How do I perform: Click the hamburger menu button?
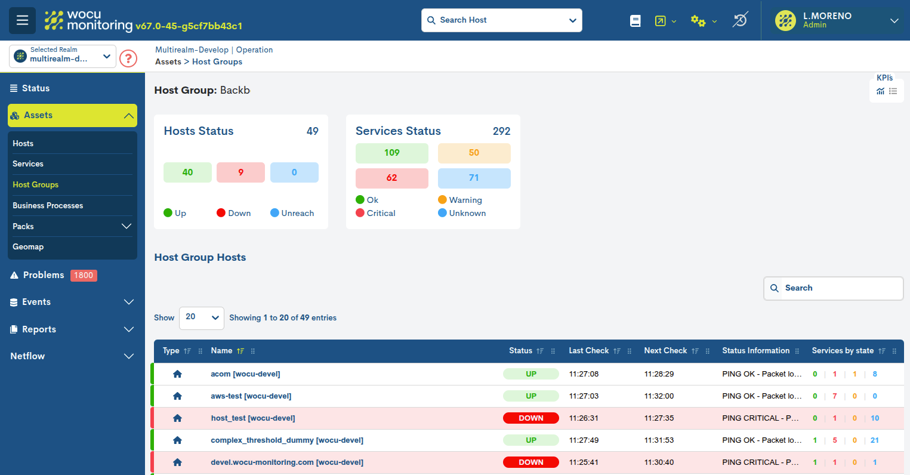tap(22, 20)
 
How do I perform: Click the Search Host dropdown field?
tap(501, 20)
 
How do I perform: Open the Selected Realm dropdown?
tap(63, 56)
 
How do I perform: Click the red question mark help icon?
tap(128, 58)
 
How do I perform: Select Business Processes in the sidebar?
tap(48, 205)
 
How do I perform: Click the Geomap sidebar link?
tap(28, 246)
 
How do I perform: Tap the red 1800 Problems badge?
tap(84, 275)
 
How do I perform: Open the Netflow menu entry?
tap(27, 356)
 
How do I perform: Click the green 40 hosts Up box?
tap(187, 172)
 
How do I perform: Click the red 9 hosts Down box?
tap(240, 172)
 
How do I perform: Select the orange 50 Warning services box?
tap(474, 153)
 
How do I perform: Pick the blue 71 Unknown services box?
tap(474, 178)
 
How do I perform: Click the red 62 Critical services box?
tap(391, 178)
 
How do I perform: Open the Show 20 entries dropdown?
tap(201, 318)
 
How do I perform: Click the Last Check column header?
tap(588, 351)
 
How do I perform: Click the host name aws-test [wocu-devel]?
tap(251, 396)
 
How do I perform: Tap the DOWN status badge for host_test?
tap(530, 418)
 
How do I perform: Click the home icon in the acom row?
tap(177, 374)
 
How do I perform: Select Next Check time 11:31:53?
tap(659, 440)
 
